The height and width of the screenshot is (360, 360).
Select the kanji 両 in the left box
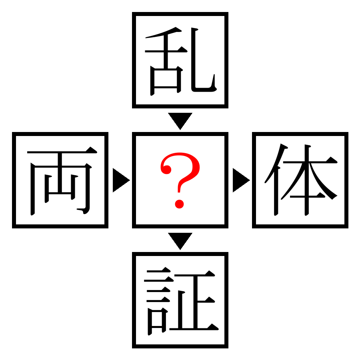pyautogui.click(x=62, y=181)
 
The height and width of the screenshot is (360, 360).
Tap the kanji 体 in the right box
pyautogui.click(x=301, y=180)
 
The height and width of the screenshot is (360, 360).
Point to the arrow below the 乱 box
pyautogui.click(x=180, y=121)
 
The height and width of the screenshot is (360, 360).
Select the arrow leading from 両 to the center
pyautogui.click(x=121, y=180)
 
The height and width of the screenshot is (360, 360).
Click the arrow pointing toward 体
pyautogui.click(x=241, y=180)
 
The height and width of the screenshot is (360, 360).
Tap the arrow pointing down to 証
pyautogui.click(x=180, y=241)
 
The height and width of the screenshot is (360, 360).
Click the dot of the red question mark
pyautogui.click(x=179, y=204)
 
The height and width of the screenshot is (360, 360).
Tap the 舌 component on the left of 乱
pyautogui.click(x=166, y=61)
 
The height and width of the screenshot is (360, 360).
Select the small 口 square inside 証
pyautogui.click(x=157, y=321)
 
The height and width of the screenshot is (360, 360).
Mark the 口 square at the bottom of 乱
pyautogui.click(x=166, y=80)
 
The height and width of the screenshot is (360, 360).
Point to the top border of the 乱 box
pyautogui.click(x=180, y=14)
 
